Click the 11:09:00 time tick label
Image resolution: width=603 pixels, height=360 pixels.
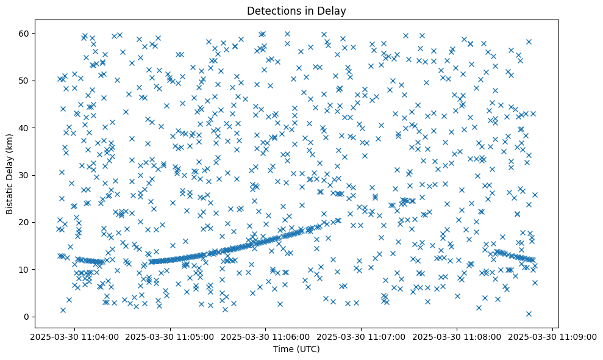552,336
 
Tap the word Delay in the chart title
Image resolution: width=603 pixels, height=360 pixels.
333,10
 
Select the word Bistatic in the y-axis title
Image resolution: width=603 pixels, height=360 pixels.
10,196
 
